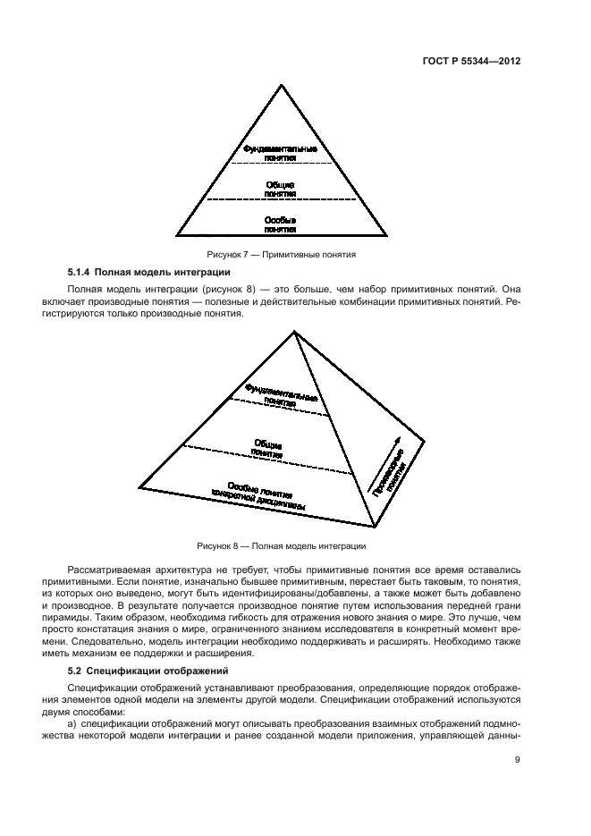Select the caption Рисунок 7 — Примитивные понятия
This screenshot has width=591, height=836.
point(282,254)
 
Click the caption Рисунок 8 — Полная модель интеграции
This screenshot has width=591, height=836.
point(282,545)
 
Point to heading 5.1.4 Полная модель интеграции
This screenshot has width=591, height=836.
point(149,271)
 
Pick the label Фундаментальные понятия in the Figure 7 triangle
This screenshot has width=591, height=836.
point(281,153)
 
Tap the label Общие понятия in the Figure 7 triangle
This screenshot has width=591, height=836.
point(281,190)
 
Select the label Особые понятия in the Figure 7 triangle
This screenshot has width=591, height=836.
point(281,224)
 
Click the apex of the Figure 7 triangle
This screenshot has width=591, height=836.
point(283,86)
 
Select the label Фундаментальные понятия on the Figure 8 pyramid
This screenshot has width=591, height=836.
point(281,395)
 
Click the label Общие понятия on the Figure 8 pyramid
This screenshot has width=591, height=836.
point(267,447)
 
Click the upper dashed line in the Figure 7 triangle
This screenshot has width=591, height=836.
point(281,165)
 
